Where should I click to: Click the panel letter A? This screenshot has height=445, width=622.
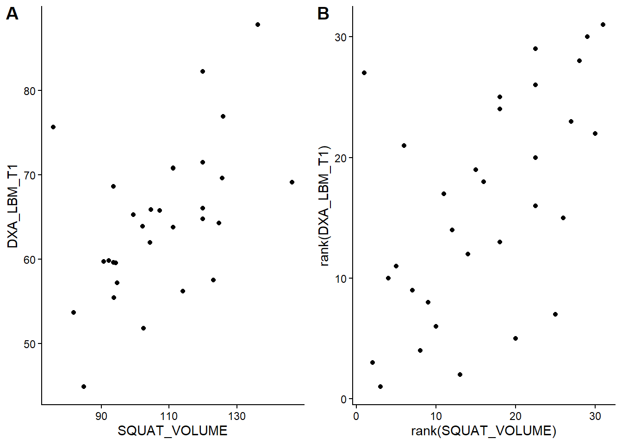12,14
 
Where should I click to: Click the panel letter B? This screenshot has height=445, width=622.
323,14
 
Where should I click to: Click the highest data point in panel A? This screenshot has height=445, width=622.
258,25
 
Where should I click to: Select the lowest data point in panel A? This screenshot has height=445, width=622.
84,387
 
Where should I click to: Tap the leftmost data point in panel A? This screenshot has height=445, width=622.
53,127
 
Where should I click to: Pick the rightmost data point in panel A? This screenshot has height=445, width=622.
292,182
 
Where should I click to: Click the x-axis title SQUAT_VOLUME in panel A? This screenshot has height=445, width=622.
173,431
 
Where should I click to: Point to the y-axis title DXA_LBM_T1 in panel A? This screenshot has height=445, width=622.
12,206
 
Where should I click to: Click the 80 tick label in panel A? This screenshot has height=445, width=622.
30,91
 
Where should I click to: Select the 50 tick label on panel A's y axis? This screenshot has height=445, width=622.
30,344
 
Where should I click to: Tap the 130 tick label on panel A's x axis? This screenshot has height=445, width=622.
236,416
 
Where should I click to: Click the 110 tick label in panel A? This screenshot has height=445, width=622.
169,416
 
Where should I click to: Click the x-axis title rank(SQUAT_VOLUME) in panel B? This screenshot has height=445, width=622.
484,431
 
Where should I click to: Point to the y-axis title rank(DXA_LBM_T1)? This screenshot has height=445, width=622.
324,206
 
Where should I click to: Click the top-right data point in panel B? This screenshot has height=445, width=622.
603,25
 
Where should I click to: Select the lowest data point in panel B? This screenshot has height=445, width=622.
380,387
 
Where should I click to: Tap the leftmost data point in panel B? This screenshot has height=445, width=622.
364,73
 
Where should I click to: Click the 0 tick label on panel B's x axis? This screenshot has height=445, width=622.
356,416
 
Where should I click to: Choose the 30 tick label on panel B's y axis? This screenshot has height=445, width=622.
341,37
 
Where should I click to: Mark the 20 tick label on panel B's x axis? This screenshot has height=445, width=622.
516,416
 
